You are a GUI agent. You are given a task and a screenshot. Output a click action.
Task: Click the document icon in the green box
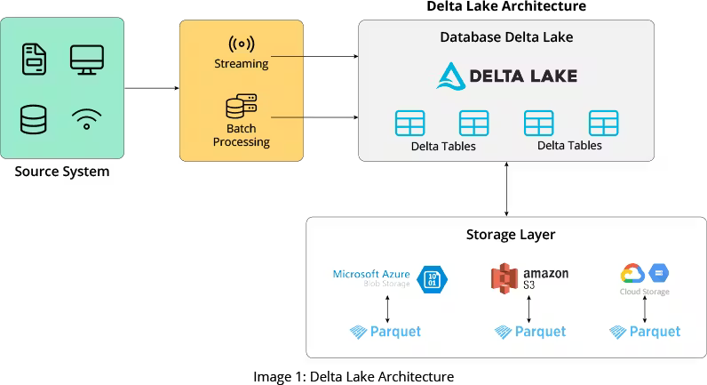[34, 60]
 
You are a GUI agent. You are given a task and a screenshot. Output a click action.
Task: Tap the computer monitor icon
[86, 60]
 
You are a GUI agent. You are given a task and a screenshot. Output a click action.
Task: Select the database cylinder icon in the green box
[34, 119]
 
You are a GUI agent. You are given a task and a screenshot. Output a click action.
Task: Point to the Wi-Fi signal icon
[86, 119]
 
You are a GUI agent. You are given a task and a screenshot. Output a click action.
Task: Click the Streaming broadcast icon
[241, 44]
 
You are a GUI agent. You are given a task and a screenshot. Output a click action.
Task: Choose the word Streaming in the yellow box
[241, 64]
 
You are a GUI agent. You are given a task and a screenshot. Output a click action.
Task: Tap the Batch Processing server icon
[241, 108]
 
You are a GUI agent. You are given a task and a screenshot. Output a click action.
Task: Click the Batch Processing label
[241, 135]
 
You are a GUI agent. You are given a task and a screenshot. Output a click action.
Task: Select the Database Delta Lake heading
[506, 37]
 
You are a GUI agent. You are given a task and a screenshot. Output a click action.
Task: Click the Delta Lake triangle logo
[451, 76]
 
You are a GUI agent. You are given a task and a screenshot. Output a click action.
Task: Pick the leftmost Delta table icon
[410, 123]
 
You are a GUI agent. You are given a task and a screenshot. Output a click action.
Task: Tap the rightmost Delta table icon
[603, 123]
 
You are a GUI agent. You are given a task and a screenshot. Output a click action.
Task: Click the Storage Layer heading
[511, 235]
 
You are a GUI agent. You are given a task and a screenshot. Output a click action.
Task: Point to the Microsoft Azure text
[371, 274]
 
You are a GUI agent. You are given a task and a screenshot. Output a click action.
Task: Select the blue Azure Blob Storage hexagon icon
[433, 278]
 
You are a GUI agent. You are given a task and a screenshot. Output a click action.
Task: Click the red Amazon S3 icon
[504, 278]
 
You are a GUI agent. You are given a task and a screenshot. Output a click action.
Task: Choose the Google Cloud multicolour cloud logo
[632, 274]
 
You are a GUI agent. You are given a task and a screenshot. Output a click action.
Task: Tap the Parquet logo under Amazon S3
[530, 332]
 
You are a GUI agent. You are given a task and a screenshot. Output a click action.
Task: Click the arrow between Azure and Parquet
[387, 308]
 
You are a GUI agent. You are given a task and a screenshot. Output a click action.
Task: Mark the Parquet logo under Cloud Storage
[645, 332]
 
